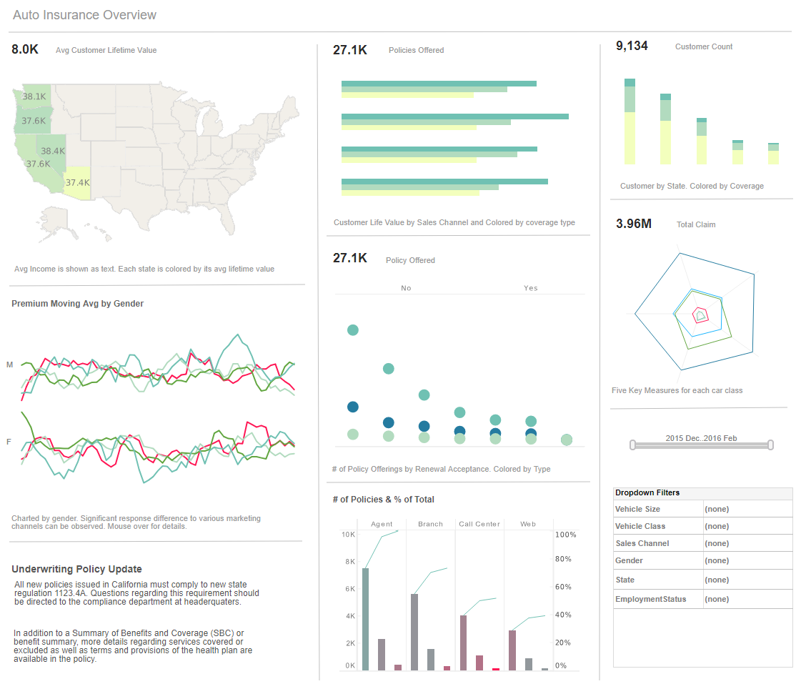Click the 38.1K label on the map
coord(34,96)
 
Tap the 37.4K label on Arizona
coord(77,182)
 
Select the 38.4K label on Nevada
coord(53,151)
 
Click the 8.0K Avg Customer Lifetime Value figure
coord(25,50)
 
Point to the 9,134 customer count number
coord(632,46)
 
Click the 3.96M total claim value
coord(634,224)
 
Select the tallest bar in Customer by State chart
coord(630,122)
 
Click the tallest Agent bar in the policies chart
coord(366,619)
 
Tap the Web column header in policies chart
coord(528,524)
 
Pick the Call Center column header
coord(479,524)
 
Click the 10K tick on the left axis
coord(349,535)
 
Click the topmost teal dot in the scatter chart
coord(352,329)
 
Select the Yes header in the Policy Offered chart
coord(530,288)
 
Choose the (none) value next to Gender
coord(717,560)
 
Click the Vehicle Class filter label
coord(640,526)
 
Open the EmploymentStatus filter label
coord(650,599)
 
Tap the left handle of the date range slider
coord(632,445)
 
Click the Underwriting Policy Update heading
coord(76,569)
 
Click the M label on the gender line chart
coord(10,365)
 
